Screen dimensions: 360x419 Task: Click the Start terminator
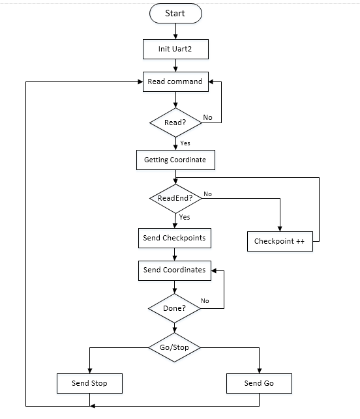[175, 14]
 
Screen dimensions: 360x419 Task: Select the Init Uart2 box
[175, 49]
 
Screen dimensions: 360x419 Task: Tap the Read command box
[175, 81]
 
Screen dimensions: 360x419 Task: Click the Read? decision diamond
[175, 123]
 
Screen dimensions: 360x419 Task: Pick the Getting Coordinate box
[175, 160]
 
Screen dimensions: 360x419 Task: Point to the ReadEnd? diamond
[175, 199]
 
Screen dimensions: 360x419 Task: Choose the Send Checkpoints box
[175, 238]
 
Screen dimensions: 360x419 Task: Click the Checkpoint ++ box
[280, 241]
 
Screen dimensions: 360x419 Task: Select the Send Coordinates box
[175, 270]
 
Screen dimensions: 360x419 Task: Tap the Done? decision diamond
[174, 308]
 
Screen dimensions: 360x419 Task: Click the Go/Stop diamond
[174, 347]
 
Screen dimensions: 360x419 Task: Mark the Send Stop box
[89, 383]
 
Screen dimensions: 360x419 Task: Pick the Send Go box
[259, 383]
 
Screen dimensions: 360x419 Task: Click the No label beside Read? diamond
[207, 117]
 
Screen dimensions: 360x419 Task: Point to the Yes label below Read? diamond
[185, 143]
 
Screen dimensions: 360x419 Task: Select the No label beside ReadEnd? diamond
[207, 194]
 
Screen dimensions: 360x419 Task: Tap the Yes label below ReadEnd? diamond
[185, 217]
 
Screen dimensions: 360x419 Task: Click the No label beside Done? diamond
[205, 301]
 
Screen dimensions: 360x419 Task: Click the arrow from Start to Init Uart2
[175, 31]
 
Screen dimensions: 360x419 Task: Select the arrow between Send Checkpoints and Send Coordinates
[175, 254]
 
